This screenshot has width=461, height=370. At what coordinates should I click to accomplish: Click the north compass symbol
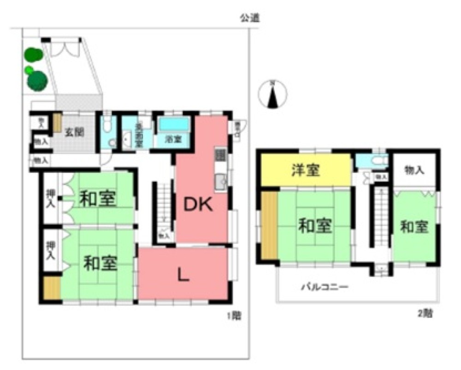pyautogui.click(x=273, y=94)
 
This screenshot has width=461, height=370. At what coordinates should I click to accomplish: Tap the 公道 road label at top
pyautogui.click(x=249, y=18)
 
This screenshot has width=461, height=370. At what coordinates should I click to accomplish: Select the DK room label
pyautogui.click(x=198, y=205)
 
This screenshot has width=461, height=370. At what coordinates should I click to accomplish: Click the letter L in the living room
pyautogui.click(x=183, y=275)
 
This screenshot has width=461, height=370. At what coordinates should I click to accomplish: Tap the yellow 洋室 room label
pyautogui.click(x=306, y=170)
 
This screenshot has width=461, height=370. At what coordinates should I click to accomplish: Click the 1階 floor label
pyautogui.click(x=234, y=316)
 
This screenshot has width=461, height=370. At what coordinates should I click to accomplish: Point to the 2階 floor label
pyautogui.click(x=424, y=314)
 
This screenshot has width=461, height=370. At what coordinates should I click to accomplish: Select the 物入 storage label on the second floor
pyautogui.click(x=414, y=170)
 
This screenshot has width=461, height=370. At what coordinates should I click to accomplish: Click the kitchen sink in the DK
pyautogui.click(x=220, y=182)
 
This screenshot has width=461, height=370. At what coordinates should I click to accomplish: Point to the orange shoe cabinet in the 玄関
pyautogui.click(x=57, y=123)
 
